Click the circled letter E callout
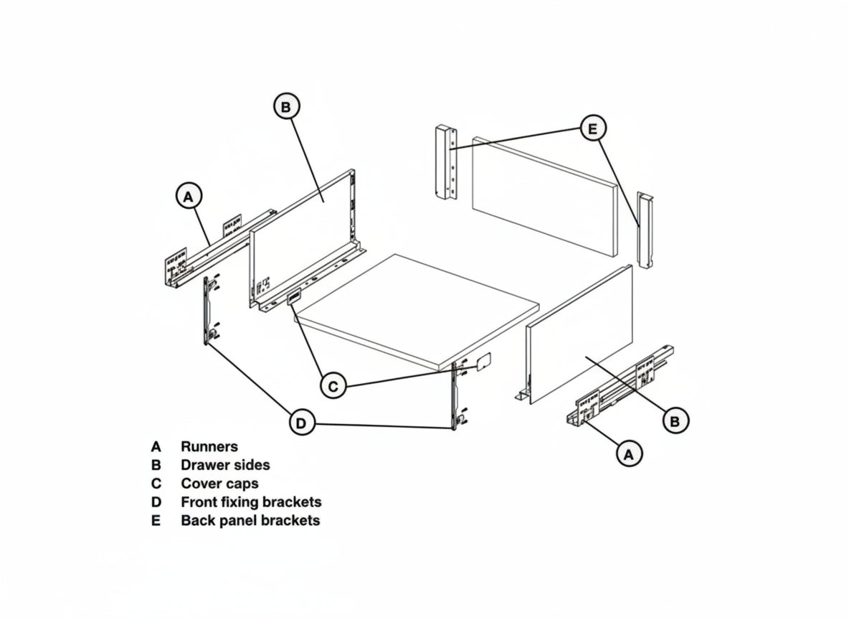[x=593, y=128]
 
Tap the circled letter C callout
[x=333, y=386]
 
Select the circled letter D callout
[x=302, y=423]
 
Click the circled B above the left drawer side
[x=286, y=107]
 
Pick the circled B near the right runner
[x=675, y=421]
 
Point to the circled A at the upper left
[x=189, y=197]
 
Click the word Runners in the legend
[x=209, y=446]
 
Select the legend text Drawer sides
[x=225, y=465]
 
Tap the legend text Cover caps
[x=220, y=484]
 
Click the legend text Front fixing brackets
[x=251, y=502]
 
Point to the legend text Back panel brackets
[x=250, y=520]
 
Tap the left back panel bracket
[x=446, y=162]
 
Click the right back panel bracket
[x=645, y=230]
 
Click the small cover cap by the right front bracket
[x=483, y=362]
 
